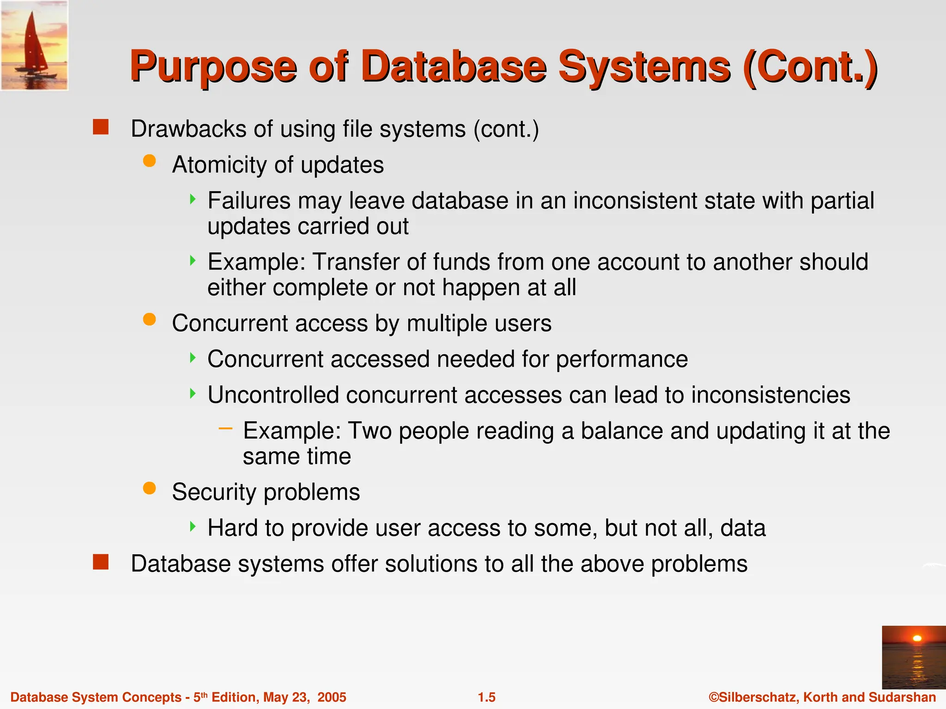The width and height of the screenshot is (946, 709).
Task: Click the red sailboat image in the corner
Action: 34,45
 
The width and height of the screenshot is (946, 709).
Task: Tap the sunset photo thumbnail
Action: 913,657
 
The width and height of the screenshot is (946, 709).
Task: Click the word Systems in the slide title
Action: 644,68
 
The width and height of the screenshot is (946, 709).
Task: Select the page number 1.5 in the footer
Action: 486,697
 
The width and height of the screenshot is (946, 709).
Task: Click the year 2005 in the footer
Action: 332,697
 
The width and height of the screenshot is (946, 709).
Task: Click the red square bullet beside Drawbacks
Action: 100,127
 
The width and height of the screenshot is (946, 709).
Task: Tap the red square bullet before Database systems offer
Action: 100,562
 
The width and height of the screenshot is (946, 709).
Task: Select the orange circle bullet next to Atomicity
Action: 149,161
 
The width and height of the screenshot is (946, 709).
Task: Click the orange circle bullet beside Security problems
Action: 149,488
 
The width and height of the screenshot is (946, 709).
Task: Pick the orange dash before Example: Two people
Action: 225,429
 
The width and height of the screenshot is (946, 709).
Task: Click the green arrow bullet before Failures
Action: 193,199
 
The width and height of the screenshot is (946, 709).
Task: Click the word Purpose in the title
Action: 213,68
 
